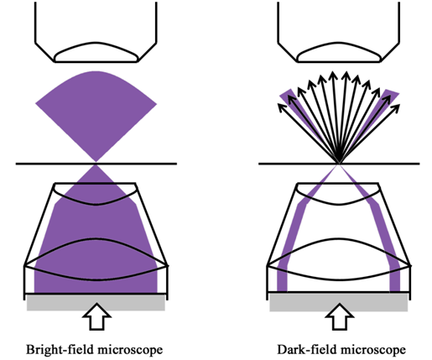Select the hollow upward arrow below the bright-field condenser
[96, 316]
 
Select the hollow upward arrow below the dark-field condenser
[340, 316]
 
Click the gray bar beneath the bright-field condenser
[96, 302]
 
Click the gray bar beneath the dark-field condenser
[339, 302]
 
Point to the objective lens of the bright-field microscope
[96, 52]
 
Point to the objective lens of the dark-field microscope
[339, 52]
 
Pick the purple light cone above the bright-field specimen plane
[96, 112]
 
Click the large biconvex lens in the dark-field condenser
[339, 259]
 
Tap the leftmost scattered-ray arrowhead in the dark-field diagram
[280, 107]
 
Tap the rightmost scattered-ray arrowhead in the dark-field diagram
[397, 107]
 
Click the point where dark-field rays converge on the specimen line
[339, 163]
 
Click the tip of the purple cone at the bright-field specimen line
[96, 162]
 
